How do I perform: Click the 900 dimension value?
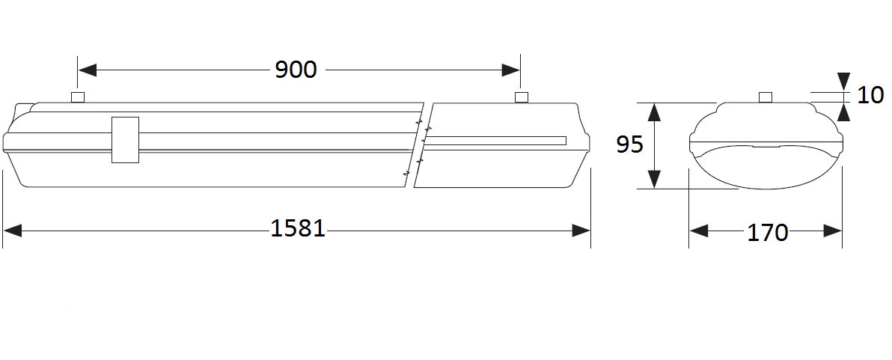pos(296,70)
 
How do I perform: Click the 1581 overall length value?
pos(298,228)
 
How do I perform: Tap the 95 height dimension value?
pos(630,145)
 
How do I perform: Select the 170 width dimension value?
pos(768,232)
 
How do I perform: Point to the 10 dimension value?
pos(870,95)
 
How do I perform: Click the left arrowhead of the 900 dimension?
pos(88,70)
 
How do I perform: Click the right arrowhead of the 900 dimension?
pos(510,70)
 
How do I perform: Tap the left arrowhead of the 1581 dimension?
pos(13,231)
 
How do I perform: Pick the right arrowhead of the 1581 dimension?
pos(581,231)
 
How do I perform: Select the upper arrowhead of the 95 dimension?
pos(656,112)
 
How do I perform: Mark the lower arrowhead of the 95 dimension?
pos(656,179)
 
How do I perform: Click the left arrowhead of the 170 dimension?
pos(699,231)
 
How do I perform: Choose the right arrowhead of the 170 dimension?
pos(832,231)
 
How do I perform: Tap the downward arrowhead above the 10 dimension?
pos(843,82)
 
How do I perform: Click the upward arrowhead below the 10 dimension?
pos(843,112)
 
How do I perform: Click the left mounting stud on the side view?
pos(78,97)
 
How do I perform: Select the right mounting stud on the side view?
pos(521,97)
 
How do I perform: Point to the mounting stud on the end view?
pos(766,97)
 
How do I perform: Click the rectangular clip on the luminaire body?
pos(125,140)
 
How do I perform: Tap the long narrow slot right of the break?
pos(496,141)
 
